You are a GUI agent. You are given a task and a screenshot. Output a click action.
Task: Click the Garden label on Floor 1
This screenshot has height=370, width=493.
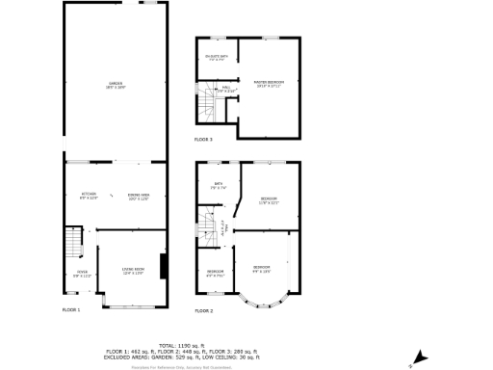pyautogui.click(x=116, y=87)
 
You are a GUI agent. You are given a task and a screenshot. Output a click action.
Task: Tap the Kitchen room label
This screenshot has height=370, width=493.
pyautogui.click(x=89, y=196)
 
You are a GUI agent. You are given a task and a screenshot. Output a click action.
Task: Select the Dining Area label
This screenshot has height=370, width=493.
pyautogui.click(x=139, y=196)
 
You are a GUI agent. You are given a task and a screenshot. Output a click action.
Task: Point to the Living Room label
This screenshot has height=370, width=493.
pyautogui.click(x=132, y=270)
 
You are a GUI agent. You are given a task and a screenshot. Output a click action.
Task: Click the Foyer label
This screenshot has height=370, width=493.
pyautogui.click(x=70, y=274)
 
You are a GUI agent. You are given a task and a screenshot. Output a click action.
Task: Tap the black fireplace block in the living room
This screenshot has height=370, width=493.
pyautogui.click(x=165, y=266)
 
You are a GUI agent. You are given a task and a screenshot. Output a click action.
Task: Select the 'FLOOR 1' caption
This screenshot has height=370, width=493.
pyautogui.click(x=71, y=310)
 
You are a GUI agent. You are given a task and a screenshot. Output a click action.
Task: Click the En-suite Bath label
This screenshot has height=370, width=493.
pyautogui.click(x=217, y=57)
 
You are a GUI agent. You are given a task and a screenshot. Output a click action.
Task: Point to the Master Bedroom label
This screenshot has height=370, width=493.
pyautogui.click(x=269, y=83)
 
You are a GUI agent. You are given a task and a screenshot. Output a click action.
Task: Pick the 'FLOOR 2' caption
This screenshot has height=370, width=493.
pyautogui.click(x=203, y=310)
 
